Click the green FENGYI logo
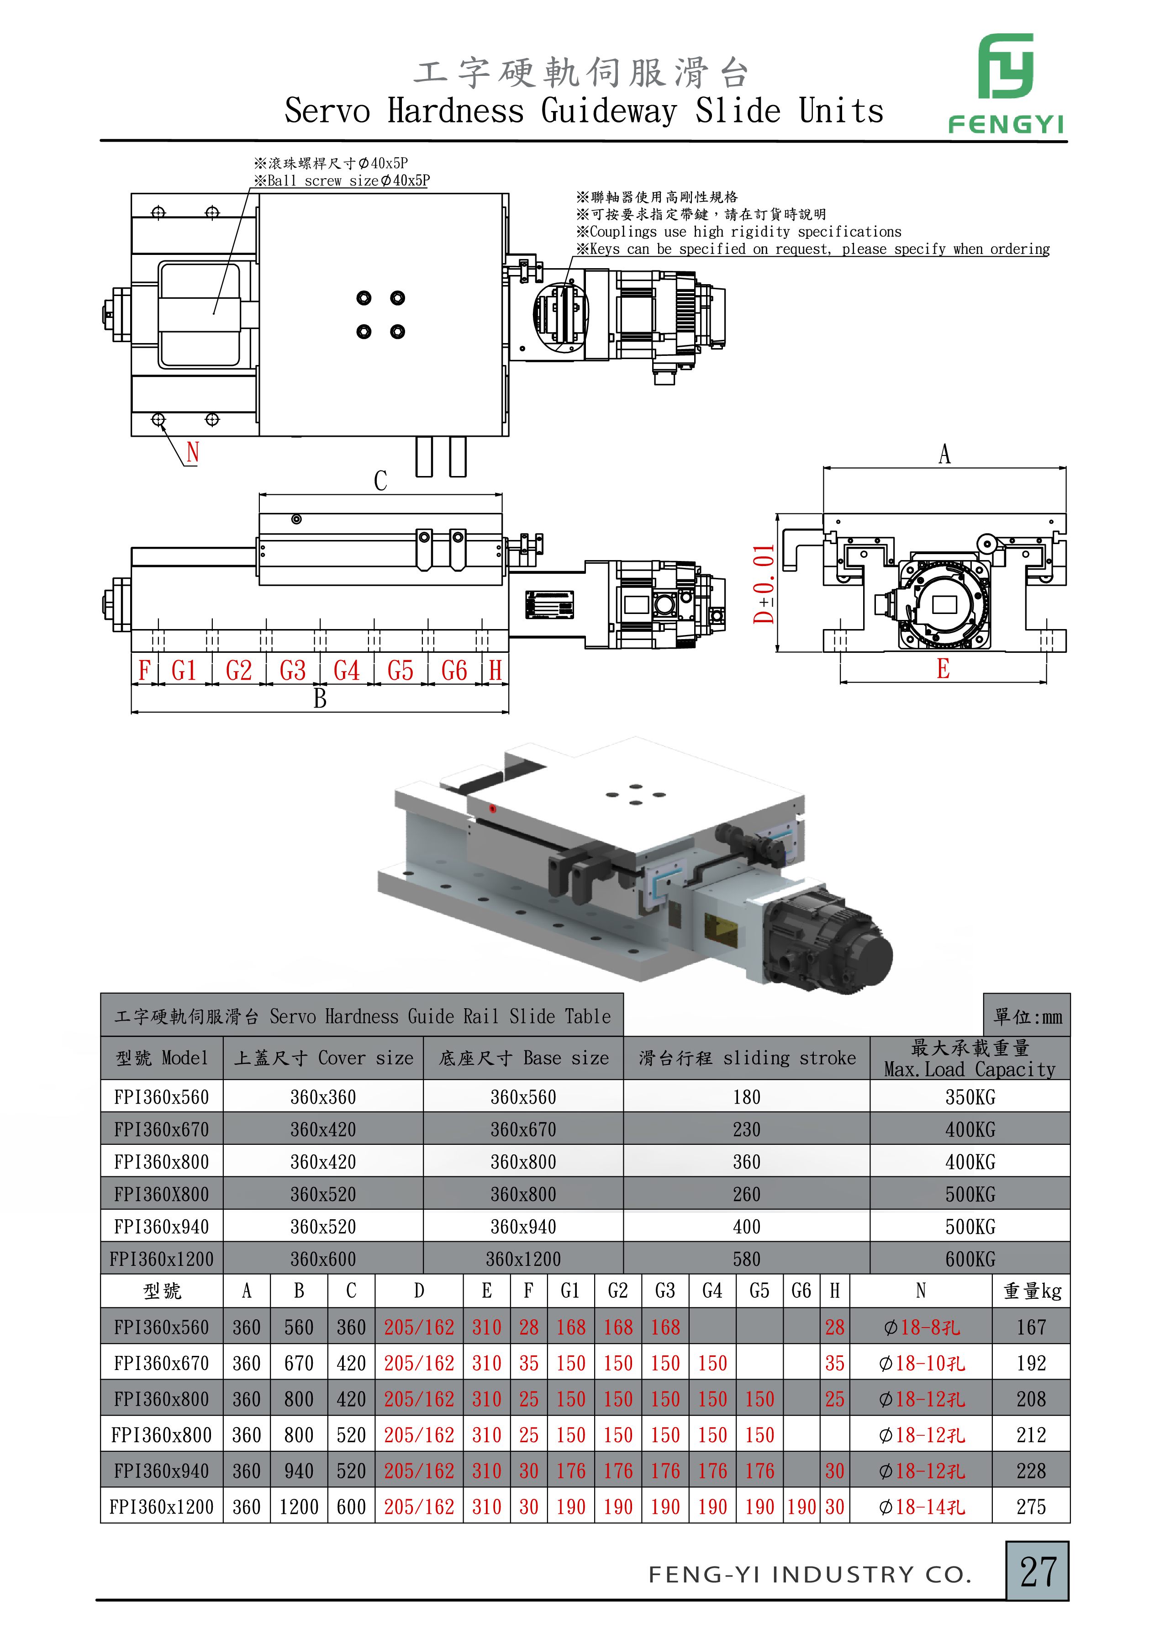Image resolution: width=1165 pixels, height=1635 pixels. click(x=1006, y=83)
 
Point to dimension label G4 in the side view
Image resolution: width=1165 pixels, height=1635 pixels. click(x=347, y=670)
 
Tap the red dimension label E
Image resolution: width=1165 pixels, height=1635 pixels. click(x=944, y=669)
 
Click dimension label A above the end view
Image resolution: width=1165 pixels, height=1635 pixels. click(x=945, y=454)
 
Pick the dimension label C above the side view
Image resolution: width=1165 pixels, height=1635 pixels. click(x=380, y=481)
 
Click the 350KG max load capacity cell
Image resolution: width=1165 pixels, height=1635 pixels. click(x=970, y=1097)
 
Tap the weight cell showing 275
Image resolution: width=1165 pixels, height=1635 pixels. click(x=1031, y=1507)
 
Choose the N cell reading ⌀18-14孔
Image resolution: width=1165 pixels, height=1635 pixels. click(x=922, y=1507)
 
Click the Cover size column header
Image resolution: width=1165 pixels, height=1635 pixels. click(x=323, y=1058)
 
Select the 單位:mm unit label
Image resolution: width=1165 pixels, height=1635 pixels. click(x=1027, y=1016)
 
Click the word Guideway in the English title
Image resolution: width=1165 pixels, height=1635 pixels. click(x=608, y=111)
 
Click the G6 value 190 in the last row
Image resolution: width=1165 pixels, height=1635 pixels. click(x=801, y=1507)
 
